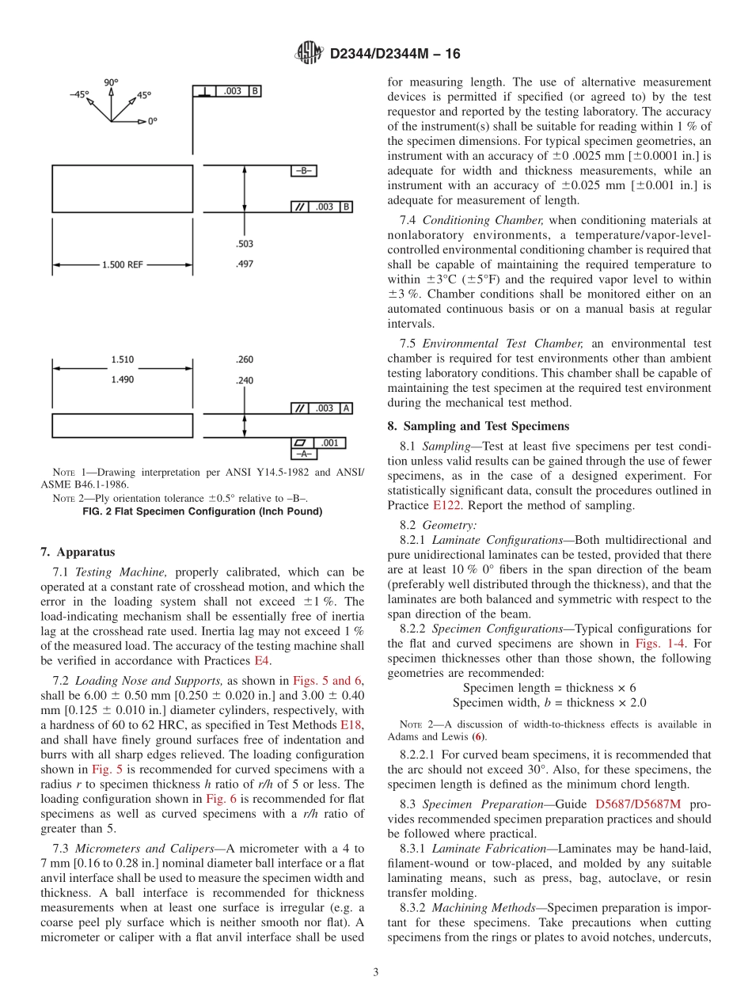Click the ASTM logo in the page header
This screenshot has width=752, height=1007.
[x=309, y=54]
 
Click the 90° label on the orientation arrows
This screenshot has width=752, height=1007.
[x=111, y=82]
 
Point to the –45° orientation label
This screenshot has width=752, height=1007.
[x=79, y=94]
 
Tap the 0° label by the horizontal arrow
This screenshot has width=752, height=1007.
[x=152, y=121]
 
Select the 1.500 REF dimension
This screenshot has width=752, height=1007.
[x=123, y=264]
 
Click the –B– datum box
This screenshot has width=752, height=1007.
[x=305, y=171]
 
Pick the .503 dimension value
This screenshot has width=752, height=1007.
[x=245, y=245]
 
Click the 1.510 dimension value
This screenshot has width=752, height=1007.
[x=123, y=359]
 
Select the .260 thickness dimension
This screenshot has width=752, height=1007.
[x=245, y=359]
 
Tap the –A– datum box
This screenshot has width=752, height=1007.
[x=305, y=454]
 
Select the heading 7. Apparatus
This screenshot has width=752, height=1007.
[x=78, y=552]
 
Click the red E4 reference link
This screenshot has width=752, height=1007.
[x=260, y=660]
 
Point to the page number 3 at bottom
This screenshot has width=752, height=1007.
[x=376, y=972]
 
